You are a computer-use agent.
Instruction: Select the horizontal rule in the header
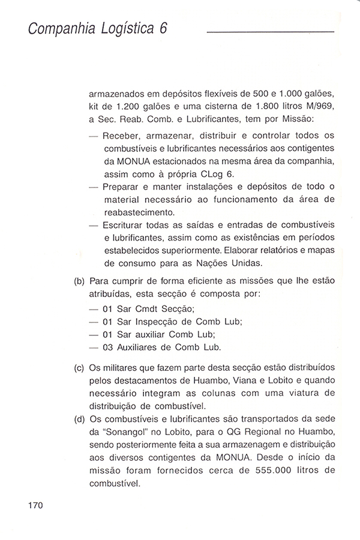pyautogui.click(x=270, y=32)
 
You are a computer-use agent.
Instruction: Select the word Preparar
pyautogui.click(x=123, y=187)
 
